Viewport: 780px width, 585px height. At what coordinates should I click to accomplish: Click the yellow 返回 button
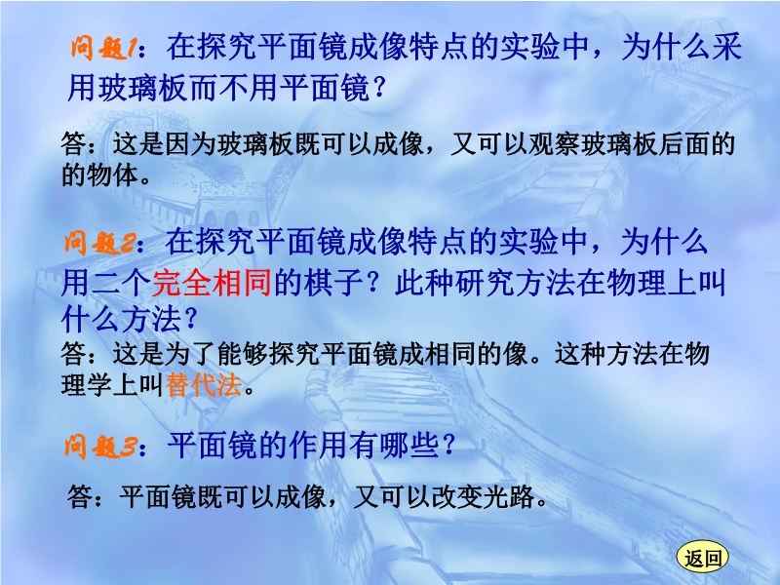(702, 557)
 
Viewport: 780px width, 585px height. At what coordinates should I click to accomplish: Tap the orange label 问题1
(103, 48)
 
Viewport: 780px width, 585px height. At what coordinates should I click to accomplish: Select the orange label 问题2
(99, 243)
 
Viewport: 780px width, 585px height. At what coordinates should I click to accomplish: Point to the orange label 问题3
(99, 446)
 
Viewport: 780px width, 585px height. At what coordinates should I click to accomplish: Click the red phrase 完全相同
(212, 283)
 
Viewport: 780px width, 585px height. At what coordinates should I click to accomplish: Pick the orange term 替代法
(204, 384)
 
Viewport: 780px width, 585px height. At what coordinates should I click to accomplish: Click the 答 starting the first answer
(74, 144)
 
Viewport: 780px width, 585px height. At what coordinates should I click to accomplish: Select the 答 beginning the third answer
(80, 496)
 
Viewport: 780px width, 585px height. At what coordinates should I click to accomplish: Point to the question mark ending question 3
(448, 445)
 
